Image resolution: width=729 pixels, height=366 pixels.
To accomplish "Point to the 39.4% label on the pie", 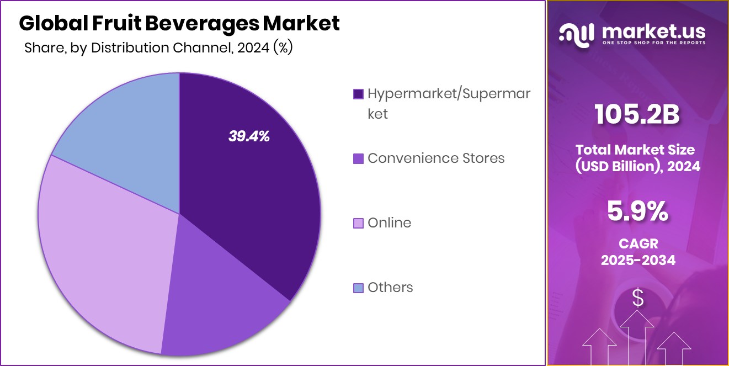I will (x=249, y=137).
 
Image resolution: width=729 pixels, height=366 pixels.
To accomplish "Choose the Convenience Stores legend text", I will (x=436, y=158).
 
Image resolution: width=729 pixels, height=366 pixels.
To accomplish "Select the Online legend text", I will (x=389, y=223).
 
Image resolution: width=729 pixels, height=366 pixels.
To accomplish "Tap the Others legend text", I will (x=390, y=288).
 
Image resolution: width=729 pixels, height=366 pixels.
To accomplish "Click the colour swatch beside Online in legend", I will (x=358, y=224).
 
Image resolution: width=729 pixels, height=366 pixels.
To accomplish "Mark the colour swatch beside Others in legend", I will (x=358, y=288).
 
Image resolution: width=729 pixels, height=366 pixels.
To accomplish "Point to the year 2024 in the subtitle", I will (x=254, y=48).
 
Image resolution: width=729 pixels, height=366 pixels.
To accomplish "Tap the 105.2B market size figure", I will (x=637, y=115).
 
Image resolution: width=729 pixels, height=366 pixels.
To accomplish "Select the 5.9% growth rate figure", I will (x=637, y=211).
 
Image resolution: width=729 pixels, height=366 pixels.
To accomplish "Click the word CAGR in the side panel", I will (x=637, y=243).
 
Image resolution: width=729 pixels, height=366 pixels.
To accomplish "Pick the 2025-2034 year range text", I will (x=637, y=260).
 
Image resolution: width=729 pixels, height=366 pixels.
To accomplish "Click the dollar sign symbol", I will (x=638, y=299).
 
